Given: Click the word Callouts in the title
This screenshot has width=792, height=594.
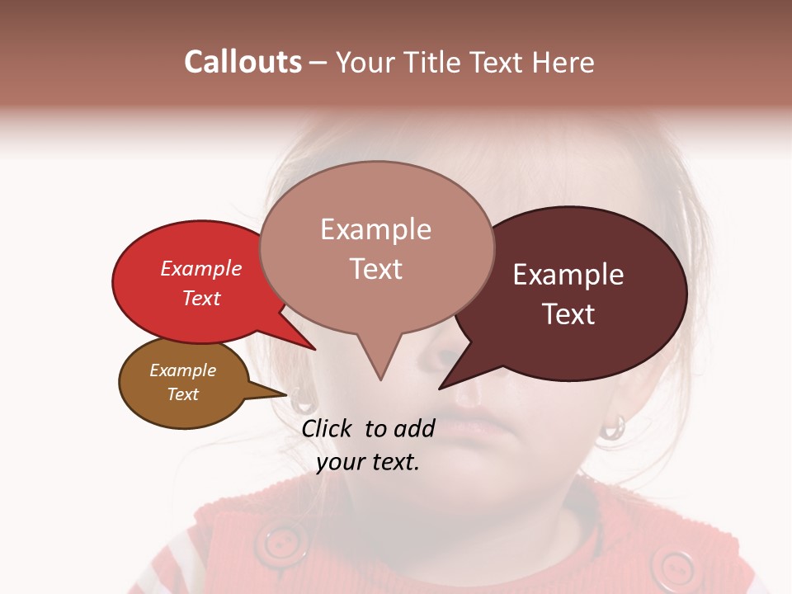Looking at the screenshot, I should click(x=243, y=62).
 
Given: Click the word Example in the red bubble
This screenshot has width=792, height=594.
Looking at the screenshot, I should click(x=201, y=268).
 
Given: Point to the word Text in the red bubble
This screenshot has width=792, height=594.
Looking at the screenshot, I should click(x=201, y=298).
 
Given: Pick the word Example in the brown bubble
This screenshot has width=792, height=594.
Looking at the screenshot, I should click(x=182, y=370).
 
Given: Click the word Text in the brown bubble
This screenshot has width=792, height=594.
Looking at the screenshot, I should click(x=182, y=394).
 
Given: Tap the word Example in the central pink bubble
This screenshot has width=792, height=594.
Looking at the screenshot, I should click(x=375, y=229).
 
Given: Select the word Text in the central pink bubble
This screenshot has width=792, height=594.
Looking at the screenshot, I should click(x=375, y=269).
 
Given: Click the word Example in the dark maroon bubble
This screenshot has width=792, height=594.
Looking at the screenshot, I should click(x=568, y=275).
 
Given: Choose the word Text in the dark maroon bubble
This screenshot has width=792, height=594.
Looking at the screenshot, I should click(x=568, y=314).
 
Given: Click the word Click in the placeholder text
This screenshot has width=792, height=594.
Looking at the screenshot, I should click(x=327, y=428).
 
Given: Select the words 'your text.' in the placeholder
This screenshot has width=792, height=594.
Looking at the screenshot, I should click(x=368, y=463).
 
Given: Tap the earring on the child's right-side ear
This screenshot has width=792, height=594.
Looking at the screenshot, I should click(x=613, y=427).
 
